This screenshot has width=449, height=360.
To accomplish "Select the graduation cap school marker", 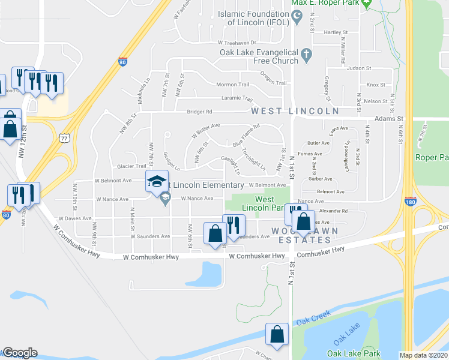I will coord(157,182).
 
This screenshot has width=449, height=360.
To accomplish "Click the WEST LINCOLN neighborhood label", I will coord(295,111).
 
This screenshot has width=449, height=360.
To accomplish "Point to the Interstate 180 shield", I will coord(411,201).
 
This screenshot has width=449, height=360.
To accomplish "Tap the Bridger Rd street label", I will coord(200,112).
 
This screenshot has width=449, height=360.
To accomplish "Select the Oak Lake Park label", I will coord(355,354).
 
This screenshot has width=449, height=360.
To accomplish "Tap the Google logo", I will coord(20,353).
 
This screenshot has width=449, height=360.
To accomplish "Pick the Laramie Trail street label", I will coord(237,99).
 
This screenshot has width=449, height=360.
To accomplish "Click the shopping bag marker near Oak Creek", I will coord(277,335).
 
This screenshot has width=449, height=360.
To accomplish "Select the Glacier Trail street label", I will coord(131,166).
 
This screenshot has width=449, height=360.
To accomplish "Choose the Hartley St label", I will coord(336,32).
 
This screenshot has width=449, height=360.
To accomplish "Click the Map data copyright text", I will coord(423,355).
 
